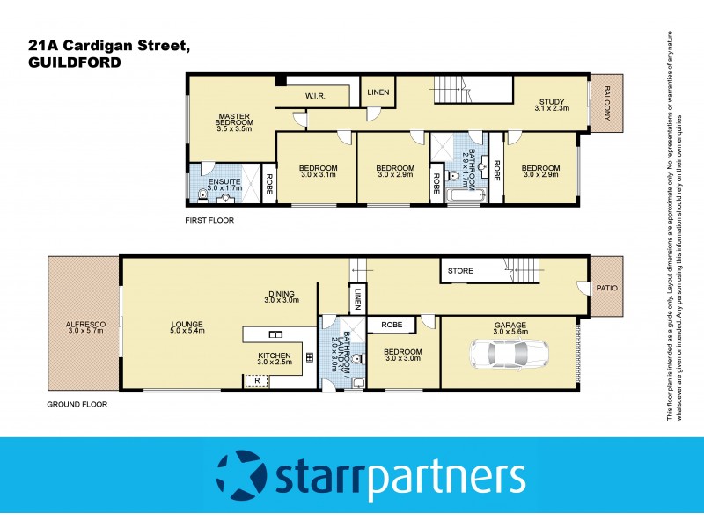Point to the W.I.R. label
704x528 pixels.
[x=317, y=95]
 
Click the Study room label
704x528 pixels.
[x=553, y=106]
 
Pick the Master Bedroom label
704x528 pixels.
[x=234, y=120]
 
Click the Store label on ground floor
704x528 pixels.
[x=461, y=271]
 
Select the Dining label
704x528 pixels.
[x=282, y=297]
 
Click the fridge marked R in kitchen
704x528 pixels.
[x=257, y=381]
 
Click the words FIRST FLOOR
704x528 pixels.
[x=209, y=220]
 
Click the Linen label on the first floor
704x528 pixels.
[x=378, y=92]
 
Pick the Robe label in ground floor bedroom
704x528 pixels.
[x=392, y=325]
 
